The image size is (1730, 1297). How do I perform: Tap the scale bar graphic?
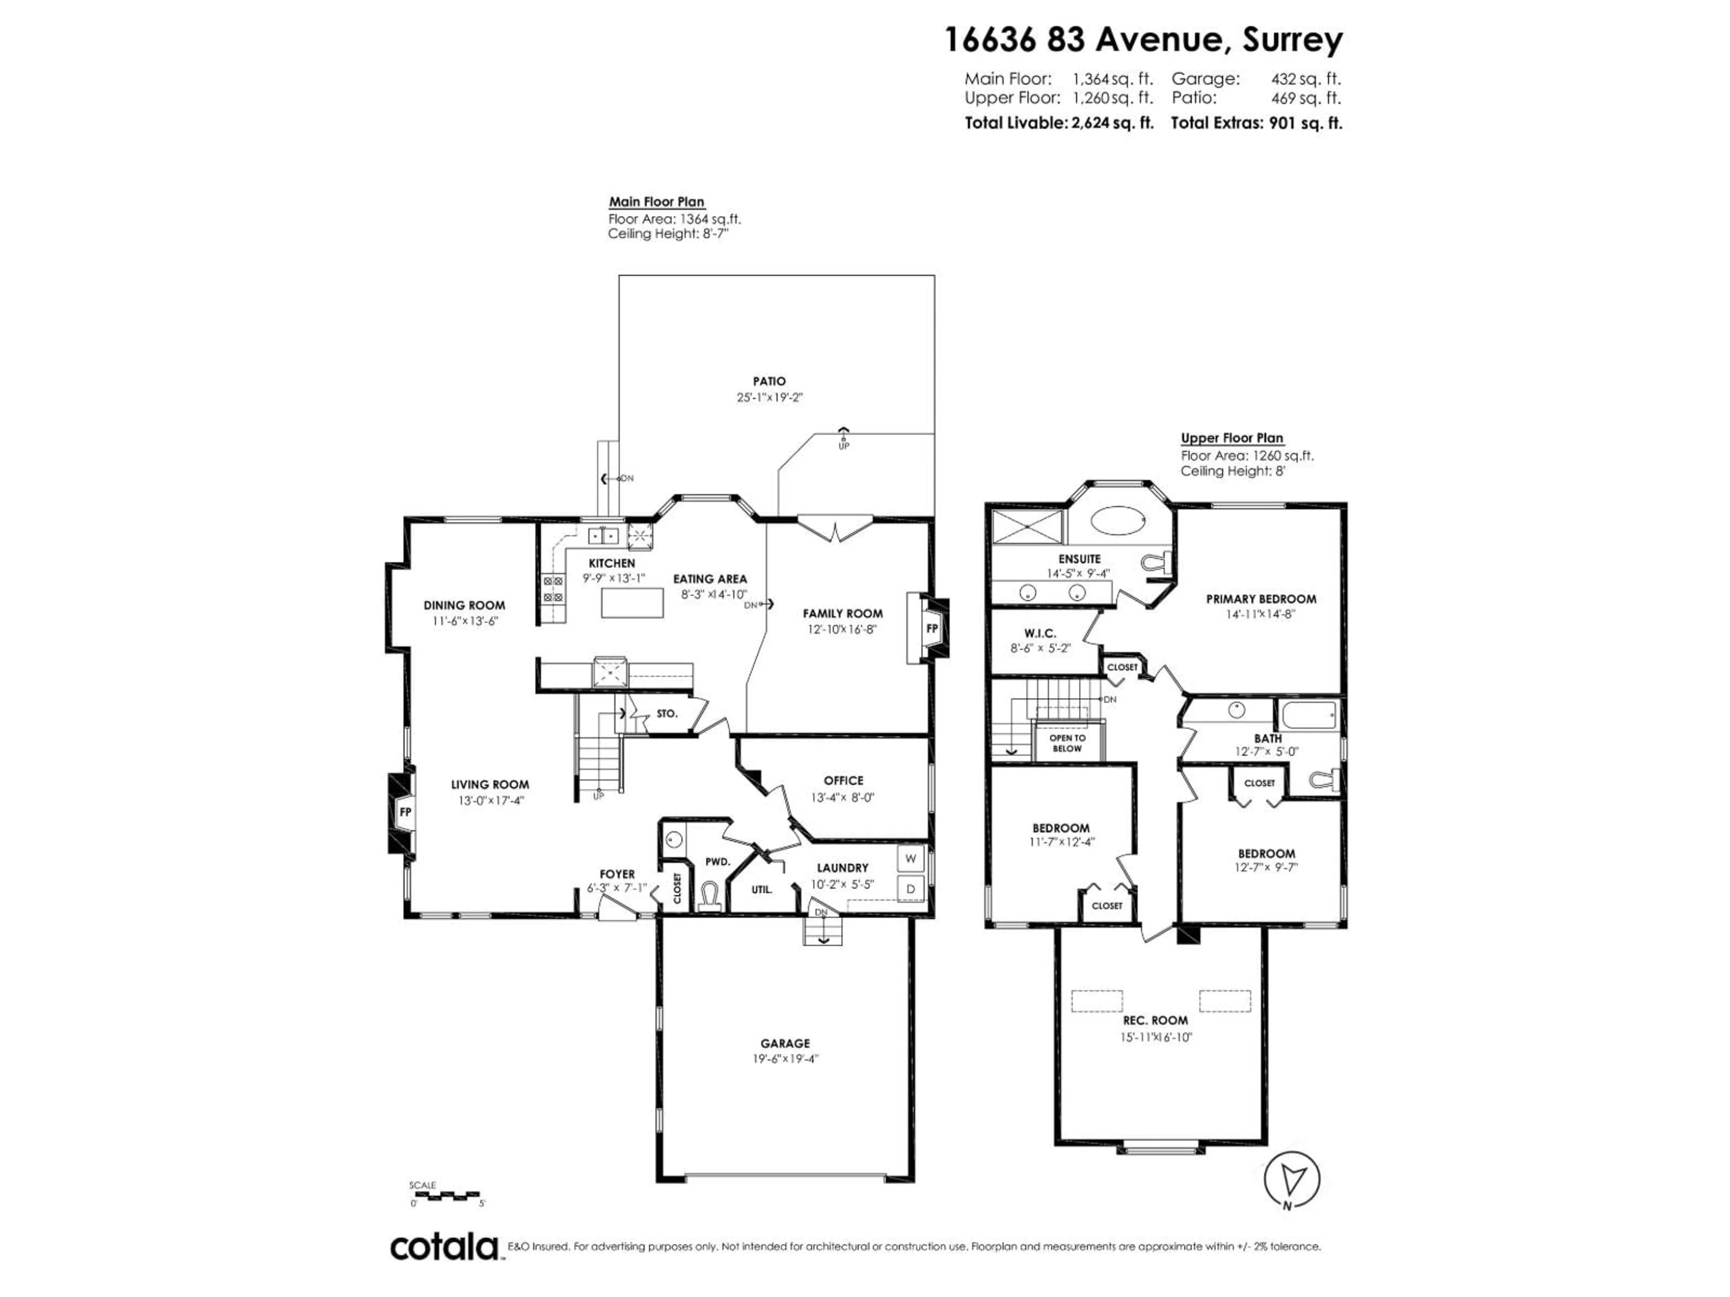444,1195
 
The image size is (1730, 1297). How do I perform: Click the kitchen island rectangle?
632,603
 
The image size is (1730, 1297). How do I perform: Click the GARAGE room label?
785,1043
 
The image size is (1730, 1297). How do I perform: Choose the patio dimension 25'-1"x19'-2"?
769,397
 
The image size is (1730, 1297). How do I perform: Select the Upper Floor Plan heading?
1232,439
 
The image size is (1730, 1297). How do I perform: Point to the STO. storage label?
666,714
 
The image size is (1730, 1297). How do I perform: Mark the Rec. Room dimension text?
1155,1038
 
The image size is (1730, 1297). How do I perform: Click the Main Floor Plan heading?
656,202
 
